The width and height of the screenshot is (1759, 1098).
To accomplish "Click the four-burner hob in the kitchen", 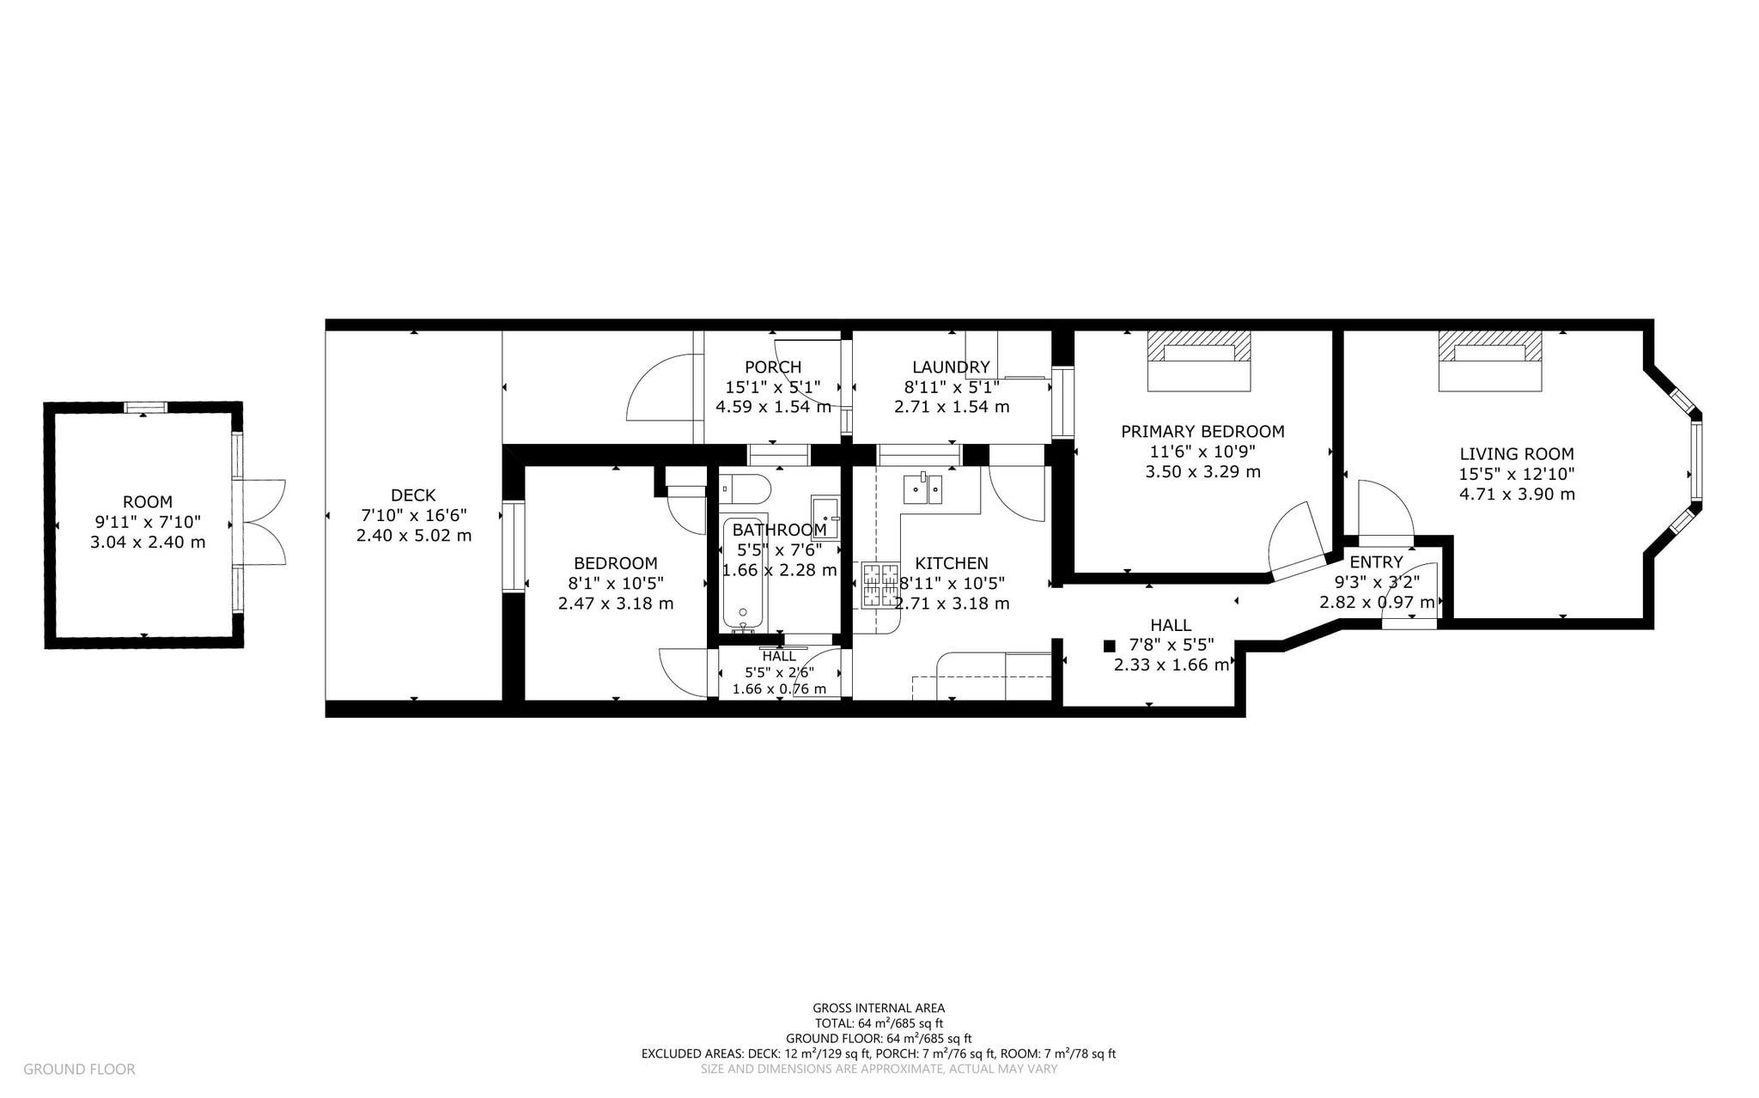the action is click(x=879, y=585).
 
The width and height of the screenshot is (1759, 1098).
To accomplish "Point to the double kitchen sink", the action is click(x=923, y=488).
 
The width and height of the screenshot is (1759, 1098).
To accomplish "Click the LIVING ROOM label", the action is click(x=1517, y=454).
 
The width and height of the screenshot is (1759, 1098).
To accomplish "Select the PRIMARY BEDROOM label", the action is click(x=1202, y=432).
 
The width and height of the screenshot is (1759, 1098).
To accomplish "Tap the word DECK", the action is click(x=413, y=495).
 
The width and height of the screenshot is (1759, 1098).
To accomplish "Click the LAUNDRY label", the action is click(x=951, y=367).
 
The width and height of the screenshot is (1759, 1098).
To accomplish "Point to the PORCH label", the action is click(x=773, y=367).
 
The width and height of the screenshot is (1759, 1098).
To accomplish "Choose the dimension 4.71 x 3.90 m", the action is click(x=1517, y=494).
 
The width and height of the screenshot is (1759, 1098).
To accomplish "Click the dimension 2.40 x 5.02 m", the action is click(x=414, y=536).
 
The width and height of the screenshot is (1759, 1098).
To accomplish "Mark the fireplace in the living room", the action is click(x=1490, y=361).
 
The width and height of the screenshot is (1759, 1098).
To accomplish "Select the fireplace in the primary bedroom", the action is click(x=1199, y=361).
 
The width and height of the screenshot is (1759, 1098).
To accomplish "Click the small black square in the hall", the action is click(x=1109, y=645).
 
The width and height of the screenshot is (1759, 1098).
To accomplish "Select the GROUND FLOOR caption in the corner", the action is click(x=79, y=1070).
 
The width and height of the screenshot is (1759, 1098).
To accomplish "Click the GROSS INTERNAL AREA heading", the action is click(x=879, y=1009).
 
